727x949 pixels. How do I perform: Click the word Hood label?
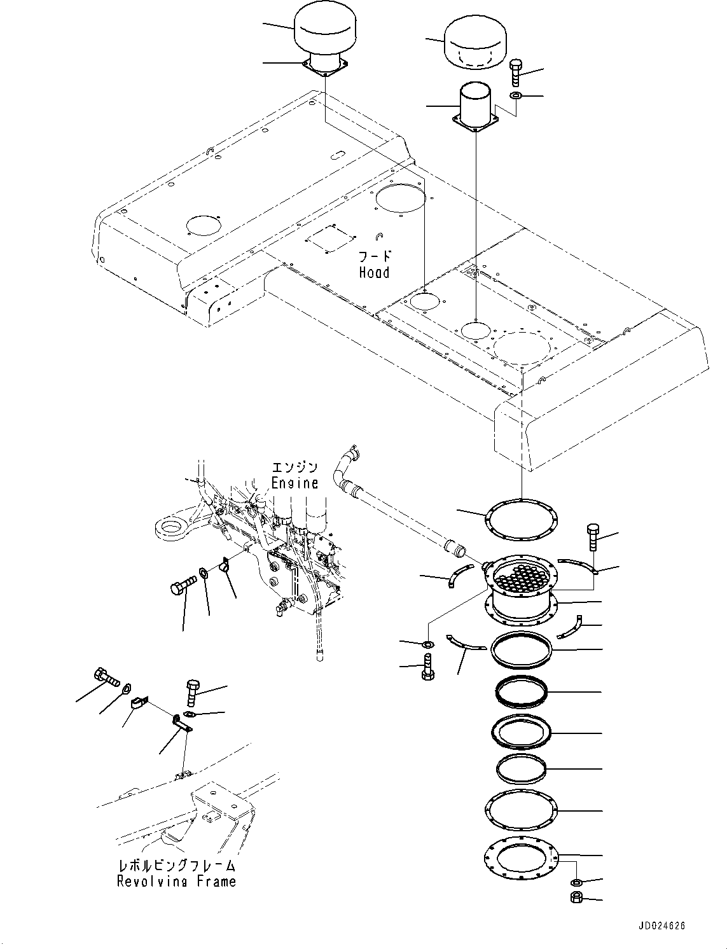tap(374, 272)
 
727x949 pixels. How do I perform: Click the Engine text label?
tap(294, 482)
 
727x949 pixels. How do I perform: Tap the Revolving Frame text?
tap(176, 882)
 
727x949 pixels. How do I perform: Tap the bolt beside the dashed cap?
tap(515, 71)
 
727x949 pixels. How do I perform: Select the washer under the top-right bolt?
tap(516, 96)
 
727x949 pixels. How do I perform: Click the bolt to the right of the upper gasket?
tap(592, 538)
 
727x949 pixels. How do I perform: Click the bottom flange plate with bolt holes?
tap(522, 857)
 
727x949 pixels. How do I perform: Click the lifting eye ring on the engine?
tap(170, 527)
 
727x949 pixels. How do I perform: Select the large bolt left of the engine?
tap(183, 585)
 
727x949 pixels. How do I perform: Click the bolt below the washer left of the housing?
tap(428, 667)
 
